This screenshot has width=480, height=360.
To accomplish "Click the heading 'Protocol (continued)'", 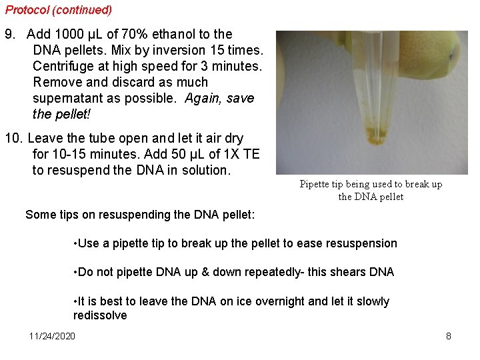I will pyautogui.click(x=59, y=10).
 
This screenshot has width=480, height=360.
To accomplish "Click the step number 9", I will pyautogui.click(x=9, y=34).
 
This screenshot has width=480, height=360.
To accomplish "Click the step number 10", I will pyautogui.click(x=13, y=139).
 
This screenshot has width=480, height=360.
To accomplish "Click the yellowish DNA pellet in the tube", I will pyautogui.click(x=377, y=139).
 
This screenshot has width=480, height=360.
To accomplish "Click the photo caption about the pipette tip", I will pyautogui.click(x=371, y=190).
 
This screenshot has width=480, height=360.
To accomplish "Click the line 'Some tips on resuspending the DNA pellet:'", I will pyautogui.click(x=140, y=215).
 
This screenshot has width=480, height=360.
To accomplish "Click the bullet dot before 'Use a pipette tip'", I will pyautogui.click(x=75, y=243).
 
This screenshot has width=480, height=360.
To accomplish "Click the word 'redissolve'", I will pyautogui.click(x=100, y=315).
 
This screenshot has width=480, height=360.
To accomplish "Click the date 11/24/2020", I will pyautogui.click(x=52, y=336).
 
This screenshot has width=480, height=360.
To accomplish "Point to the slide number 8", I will pyautogui.click(x=449, y=336).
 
